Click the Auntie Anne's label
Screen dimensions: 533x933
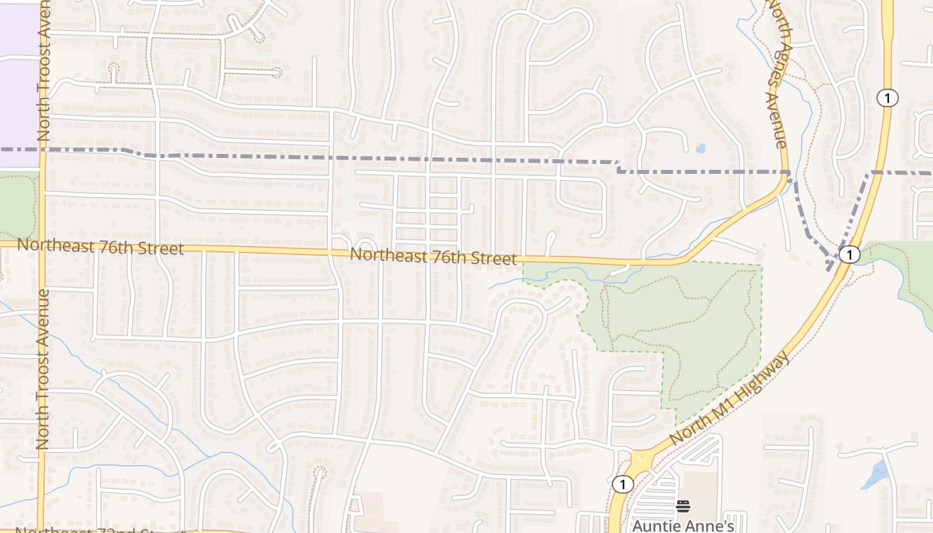(x=682, y=525)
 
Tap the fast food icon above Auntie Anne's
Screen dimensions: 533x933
(x=683, y=506)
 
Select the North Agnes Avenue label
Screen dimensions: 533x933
(x=777, y=73)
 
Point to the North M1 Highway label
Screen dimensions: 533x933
(x=730, y=398)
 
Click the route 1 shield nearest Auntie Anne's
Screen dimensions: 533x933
(x=622, y=484)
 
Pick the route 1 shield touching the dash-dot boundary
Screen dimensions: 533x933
(x=849, y=255)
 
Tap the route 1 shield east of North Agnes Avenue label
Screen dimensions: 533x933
(x=887, y=98)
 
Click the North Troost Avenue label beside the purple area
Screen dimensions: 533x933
(x=44, y=70)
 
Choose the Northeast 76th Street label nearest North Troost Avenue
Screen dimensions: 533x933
(x=100, y=247)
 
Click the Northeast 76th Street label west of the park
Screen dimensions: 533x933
(x=433, y=256)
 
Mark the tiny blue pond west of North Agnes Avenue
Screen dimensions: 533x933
(x=700, y=148)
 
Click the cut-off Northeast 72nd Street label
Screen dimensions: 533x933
(x=100, y=530)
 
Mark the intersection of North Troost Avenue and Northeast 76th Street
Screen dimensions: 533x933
(x=42, y=245)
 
